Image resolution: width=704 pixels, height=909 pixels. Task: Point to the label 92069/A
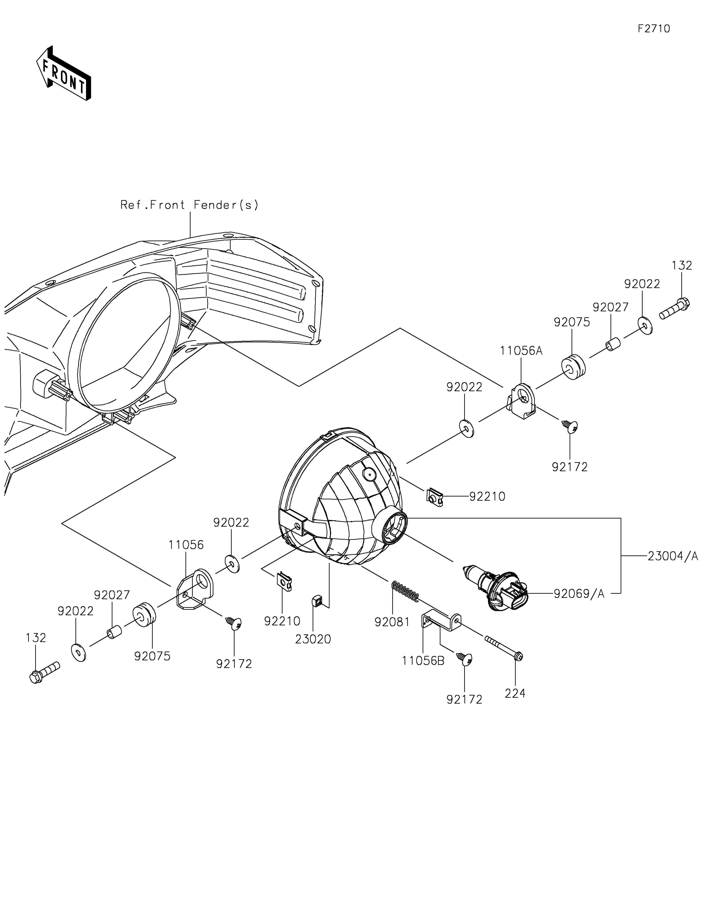point(579,594)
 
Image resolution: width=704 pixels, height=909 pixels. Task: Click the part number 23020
point(313,639)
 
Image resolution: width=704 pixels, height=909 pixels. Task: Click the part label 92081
point(392,622)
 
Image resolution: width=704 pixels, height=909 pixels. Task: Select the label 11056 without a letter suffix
point(186,545)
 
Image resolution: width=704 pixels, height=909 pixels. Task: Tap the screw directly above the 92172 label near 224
point(465,659)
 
